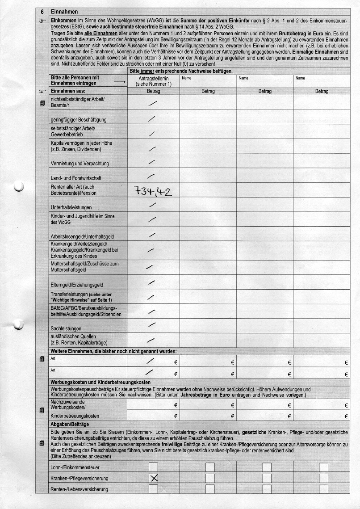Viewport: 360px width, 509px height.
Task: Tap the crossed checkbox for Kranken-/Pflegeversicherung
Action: [154, 479]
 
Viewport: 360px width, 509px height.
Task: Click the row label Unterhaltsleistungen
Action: [71, 207]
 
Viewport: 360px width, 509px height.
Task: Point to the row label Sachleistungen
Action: [66, 328]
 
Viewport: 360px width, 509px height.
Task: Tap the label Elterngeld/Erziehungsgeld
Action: [77, 285]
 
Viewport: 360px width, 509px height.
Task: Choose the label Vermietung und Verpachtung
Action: [80, 164]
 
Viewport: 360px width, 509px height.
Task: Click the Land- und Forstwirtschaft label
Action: [76, 178]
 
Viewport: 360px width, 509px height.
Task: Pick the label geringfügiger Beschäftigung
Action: [79, 120]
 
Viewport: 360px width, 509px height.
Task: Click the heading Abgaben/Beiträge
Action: [70, 424]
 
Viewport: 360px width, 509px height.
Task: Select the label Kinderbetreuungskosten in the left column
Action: [75, 416]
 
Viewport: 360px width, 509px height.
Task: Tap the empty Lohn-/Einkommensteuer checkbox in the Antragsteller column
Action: [154, 467]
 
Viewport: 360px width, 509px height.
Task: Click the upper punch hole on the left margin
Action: [18, 187]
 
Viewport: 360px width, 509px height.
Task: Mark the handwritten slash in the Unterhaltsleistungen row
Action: [153, 205]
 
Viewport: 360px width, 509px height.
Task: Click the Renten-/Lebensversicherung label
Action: [80, 489]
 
